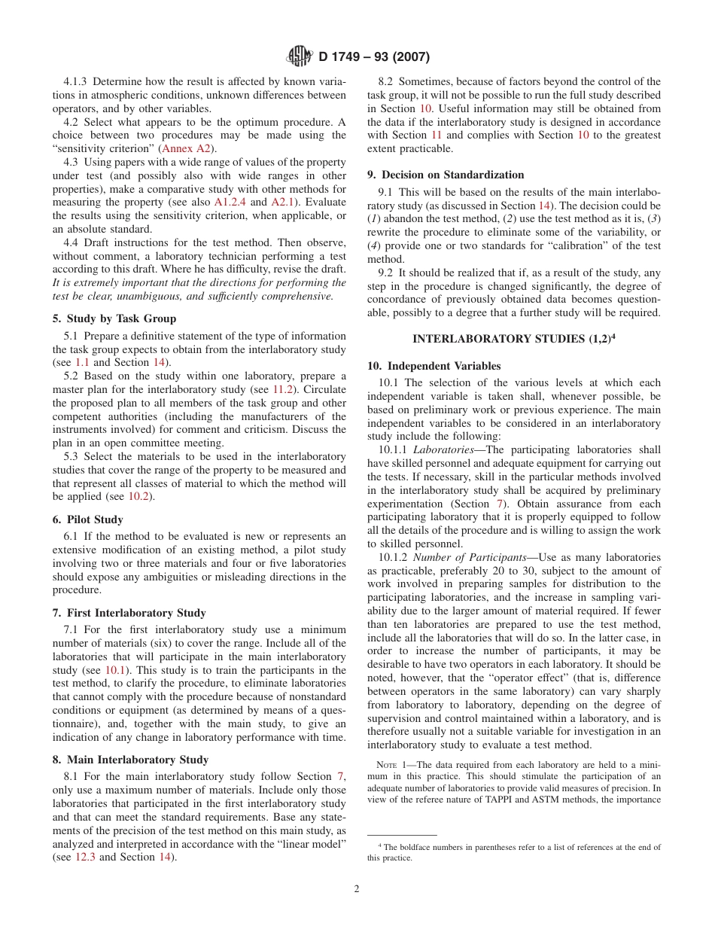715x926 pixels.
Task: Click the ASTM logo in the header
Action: click(x=300, y=56)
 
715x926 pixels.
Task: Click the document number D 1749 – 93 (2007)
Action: click(x=374, y=56)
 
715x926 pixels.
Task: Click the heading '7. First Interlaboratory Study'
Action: click(x=129, y=613)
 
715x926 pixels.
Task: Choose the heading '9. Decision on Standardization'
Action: click(x=446, y=175)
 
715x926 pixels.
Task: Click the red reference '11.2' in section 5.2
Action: click(x=284, y=389)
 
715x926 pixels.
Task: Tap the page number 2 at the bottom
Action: click(x=357, y=888)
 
